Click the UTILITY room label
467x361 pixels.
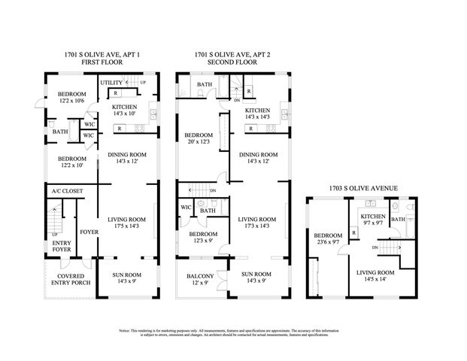pos(111,82)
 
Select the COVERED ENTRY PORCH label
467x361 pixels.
pos(65,281)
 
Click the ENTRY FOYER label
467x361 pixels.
pos(61,247)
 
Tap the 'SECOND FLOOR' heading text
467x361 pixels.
pos(232,62)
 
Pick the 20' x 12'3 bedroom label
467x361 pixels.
pos(199,139)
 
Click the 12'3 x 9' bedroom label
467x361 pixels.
pos(202,238)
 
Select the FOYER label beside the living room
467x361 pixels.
pos(89,232)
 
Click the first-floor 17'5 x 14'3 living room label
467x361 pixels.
pos(126,223)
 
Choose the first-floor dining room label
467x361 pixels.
pos(126,158)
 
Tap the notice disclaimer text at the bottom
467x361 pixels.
pos(233,332)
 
